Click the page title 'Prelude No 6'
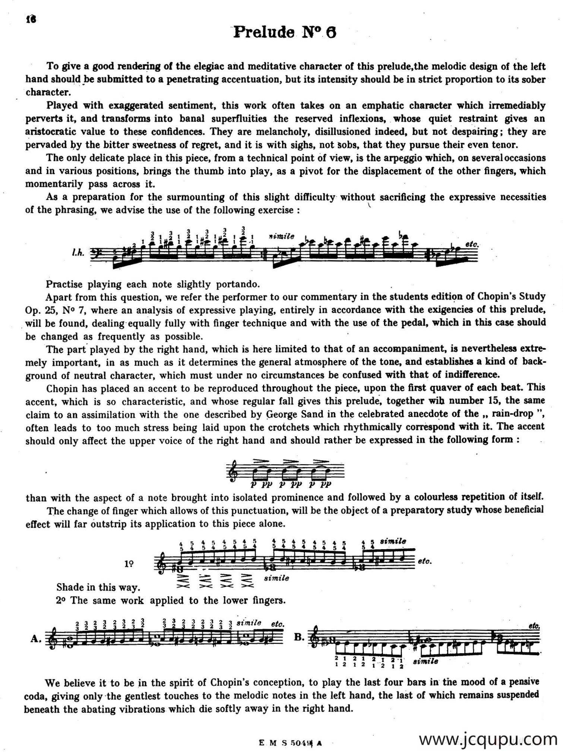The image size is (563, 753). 285,33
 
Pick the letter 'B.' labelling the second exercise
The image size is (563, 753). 300,636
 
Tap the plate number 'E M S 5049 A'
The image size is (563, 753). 290,743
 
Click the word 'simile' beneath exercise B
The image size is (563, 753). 426,661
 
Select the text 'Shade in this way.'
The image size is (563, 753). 98,587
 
